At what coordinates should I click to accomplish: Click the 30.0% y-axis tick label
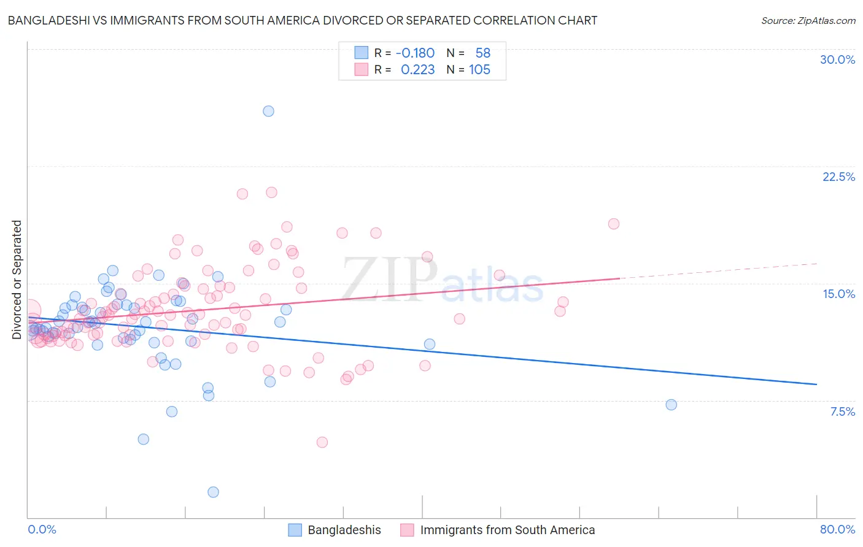coord(837,59)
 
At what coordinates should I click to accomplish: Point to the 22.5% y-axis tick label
coord(838,177)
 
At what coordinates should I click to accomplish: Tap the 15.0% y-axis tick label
coord(838,294)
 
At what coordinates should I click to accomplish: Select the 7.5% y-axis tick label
coord(842,411)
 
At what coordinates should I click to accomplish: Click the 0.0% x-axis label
coord(42,529)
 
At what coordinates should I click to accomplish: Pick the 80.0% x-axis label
coord(837,529)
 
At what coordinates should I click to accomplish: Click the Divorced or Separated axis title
coord(17,280)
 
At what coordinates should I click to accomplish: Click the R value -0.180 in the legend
coord(415,53)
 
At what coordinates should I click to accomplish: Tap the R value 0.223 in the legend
coord(417,70)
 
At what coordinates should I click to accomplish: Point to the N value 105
coord(479,70)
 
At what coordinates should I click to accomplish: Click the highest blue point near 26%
coord(268,111)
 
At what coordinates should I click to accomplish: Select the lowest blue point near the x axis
coord(213,492)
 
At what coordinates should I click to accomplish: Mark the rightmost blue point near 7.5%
coord(671,405)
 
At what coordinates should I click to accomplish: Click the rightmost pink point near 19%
coord(613,224)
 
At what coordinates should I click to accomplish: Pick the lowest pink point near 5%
coord(322,442)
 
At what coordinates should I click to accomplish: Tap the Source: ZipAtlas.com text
coord(808,21)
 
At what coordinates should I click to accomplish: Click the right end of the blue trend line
coord(816,384)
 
